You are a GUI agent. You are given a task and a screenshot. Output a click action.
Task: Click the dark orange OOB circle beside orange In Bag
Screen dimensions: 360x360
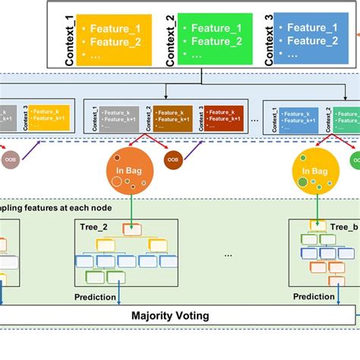click(x=173, y=159)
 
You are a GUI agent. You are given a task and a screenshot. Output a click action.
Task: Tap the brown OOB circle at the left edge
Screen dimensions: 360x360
click(x=10, y=159)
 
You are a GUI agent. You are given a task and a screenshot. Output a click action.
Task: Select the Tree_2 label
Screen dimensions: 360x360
click(x=94, y=226)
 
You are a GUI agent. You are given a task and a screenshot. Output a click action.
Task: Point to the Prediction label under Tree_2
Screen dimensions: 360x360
click(x=96, y=297)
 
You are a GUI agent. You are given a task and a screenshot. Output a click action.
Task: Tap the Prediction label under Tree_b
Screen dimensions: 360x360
click(x=314, y=297)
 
